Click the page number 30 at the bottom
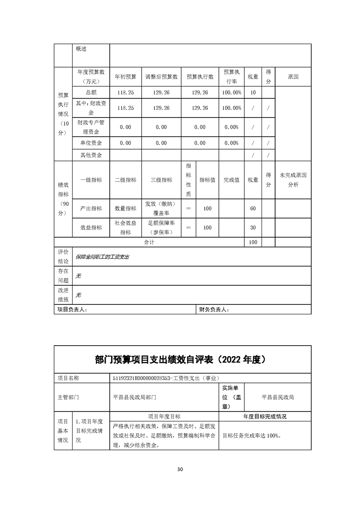[180, 469]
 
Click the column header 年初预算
[125, 77]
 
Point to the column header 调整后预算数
[161, 77]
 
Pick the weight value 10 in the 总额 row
[253, 93]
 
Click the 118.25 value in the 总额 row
[125, 93]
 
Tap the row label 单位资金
[91, 143]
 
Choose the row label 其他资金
[91, 155]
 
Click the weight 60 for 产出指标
[253, 209]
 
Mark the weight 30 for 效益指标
[253, 228]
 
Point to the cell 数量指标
[125, 209]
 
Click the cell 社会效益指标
[125, 228]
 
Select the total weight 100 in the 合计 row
[253, 242]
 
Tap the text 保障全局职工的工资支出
[103, 257]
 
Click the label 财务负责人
[214, 309]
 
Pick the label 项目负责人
[72, 309]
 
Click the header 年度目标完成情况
[265, 416]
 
